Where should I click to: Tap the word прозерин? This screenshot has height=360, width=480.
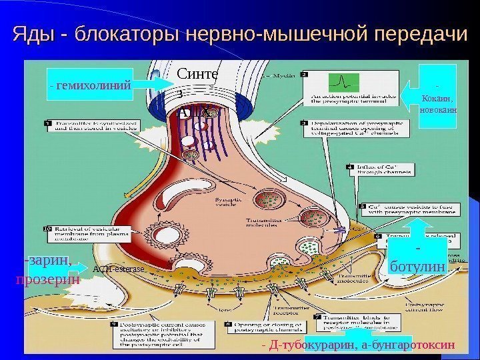[47, 279]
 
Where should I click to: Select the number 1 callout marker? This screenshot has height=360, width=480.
[49, 123]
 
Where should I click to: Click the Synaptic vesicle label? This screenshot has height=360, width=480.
[226, 202]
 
